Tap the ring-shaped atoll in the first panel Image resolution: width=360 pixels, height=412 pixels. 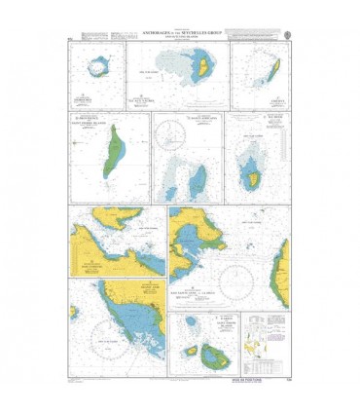coord(96,69)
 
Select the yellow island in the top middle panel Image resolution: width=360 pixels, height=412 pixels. coord(199,69)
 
